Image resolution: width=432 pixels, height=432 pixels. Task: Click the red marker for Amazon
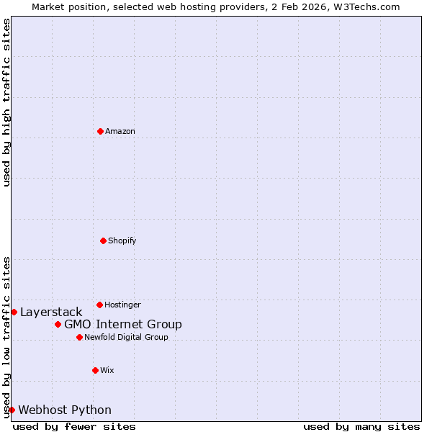coord(100,131)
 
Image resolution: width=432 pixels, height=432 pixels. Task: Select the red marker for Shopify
coord(103,240)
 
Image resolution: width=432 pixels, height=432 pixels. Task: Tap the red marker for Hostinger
coord(99,305)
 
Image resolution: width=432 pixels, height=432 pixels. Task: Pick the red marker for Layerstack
coord(14,312)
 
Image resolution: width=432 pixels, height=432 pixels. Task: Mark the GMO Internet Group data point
coord(58,324)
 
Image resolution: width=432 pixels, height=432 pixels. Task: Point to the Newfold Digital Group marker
coord(79,337)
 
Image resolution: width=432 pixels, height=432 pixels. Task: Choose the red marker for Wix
coord(95,370)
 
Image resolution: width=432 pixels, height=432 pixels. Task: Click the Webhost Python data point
coord(12,410)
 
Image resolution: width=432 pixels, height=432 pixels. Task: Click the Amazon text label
coord(120,131)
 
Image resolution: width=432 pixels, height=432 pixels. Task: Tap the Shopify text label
coord(122,240)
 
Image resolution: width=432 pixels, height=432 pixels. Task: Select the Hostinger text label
coord(122,305)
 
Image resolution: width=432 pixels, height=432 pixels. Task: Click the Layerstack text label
coord(51,312)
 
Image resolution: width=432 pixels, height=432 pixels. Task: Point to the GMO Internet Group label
coord(123,324)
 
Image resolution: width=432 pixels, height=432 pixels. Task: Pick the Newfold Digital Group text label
coord(126,337)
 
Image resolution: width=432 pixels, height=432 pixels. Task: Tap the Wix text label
coord(107,370)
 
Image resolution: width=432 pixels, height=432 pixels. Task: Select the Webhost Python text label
coord(65,410)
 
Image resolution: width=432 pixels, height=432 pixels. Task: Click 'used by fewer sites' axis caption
coord(74,426)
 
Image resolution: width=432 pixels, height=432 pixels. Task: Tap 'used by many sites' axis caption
coord(361,426)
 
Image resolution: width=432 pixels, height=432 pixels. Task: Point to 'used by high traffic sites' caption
coord(6,102)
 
